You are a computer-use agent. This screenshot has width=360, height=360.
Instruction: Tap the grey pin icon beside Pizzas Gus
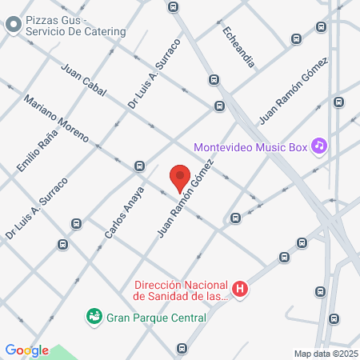(x=14, y=25)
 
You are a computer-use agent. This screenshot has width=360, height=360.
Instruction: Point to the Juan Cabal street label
(x=83, y=78)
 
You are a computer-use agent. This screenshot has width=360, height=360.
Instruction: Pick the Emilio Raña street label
(x=35, y=152)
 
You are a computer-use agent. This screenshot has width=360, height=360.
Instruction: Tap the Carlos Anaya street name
(x=125, y=214)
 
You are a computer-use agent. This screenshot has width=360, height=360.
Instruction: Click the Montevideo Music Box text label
(x=250, y=147)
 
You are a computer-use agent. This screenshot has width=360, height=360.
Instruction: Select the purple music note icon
(x=319, y=145)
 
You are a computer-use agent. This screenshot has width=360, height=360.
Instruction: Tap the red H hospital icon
(x=238, y=289)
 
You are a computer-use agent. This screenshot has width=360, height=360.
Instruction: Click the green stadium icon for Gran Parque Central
(x=94, y=317)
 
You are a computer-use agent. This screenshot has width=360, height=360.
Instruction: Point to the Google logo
(x=26, y=350)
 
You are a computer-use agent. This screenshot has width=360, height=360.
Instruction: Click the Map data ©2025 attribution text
(x=325, y=354)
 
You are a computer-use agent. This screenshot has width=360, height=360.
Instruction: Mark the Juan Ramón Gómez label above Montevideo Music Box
(x=293, y=90)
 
